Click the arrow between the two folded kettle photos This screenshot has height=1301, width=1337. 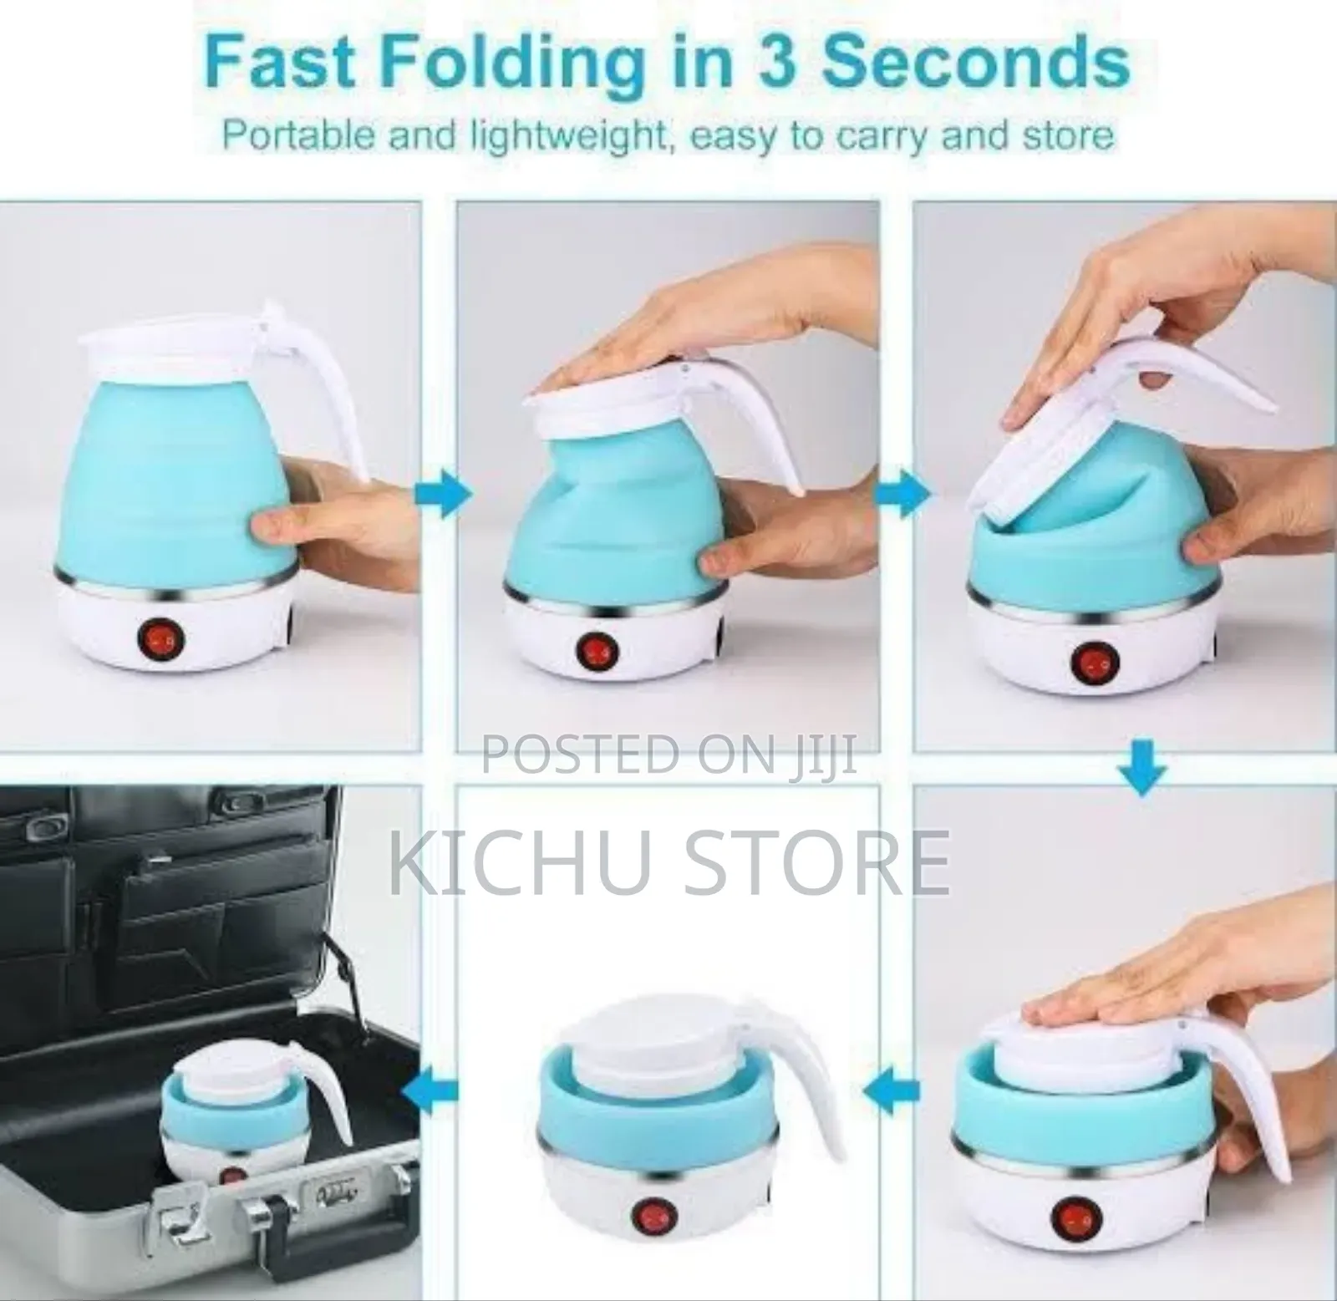click(892, 1090)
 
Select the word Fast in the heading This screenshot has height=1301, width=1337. click(276, 62)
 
